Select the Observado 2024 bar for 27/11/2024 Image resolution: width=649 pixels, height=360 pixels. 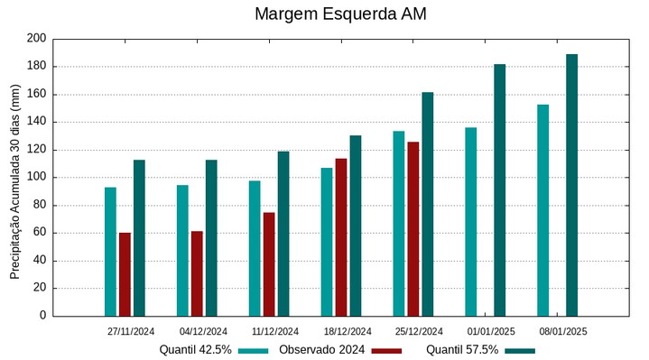click(125, 274)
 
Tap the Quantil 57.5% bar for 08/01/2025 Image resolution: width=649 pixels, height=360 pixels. click(571, 185)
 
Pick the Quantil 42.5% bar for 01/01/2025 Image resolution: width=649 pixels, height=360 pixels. click(470, 222)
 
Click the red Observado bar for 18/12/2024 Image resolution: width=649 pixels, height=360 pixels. click(341, 237)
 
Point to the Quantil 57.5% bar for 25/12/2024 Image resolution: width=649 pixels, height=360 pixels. click(428, 204)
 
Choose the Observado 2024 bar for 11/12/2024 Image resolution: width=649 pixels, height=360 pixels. click(269, 264)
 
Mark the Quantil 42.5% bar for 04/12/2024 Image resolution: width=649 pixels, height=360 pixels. click(182, 250)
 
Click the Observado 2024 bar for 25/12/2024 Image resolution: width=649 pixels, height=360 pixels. click(413, 228)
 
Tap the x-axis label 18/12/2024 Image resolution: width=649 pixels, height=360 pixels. click(347, 331)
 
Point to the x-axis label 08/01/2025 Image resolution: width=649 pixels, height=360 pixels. click(563, 331)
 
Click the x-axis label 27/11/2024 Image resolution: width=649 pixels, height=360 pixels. click(131, 331)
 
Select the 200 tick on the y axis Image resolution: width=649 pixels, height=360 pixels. click(36, 39)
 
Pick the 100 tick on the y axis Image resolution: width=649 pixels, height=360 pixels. click(36, 178)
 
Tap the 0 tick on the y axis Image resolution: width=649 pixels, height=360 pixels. click(42, 316)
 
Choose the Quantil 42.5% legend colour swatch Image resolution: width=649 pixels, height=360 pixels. click(254, 350)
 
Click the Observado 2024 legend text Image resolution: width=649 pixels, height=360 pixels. click(322, 350)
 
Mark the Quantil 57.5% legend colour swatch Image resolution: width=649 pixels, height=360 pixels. click(519, 350)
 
